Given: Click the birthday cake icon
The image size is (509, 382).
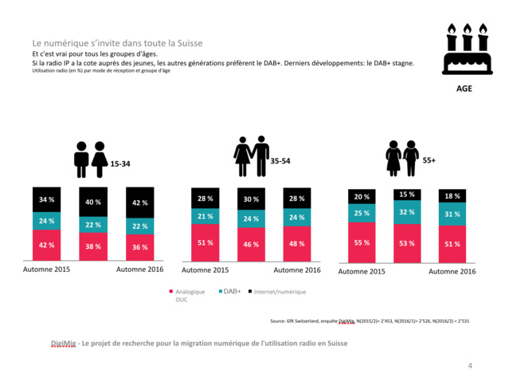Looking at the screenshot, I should tap(464, 49).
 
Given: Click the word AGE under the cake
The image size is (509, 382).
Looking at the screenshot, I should tap(464, 89).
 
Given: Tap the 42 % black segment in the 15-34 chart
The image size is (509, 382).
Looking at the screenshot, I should tap(140, 203).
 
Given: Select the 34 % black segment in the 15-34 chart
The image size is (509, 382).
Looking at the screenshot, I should tap(46, 200).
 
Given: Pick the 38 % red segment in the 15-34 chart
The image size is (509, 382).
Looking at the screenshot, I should tap(93, 246).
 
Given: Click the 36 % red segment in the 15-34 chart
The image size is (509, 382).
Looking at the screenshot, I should tap(140, 247).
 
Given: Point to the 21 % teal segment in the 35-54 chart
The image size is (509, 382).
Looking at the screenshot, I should tap(205, 216).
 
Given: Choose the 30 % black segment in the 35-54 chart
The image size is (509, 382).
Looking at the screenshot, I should tap(251, 199).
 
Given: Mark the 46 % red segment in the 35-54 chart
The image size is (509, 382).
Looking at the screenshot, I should tap(251, 244).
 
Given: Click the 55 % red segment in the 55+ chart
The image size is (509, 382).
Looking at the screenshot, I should tap(362, 242).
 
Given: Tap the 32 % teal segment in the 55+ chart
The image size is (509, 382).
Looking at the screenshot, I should tap(408, 212).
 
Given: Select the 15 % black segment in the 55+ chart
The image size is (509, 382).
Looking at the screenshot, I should tap(408, 195).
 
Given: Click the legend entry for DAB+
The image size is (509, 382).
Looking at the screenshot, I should tap(231, 292).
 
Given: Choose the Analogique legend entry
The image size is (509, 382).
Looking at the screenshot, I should tap(190, 292).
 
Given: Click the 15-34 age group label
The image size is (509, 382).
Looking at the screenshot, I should tap(120, 163).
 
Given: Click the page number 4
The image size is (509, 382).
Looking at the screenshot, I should tap(470, 365).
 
